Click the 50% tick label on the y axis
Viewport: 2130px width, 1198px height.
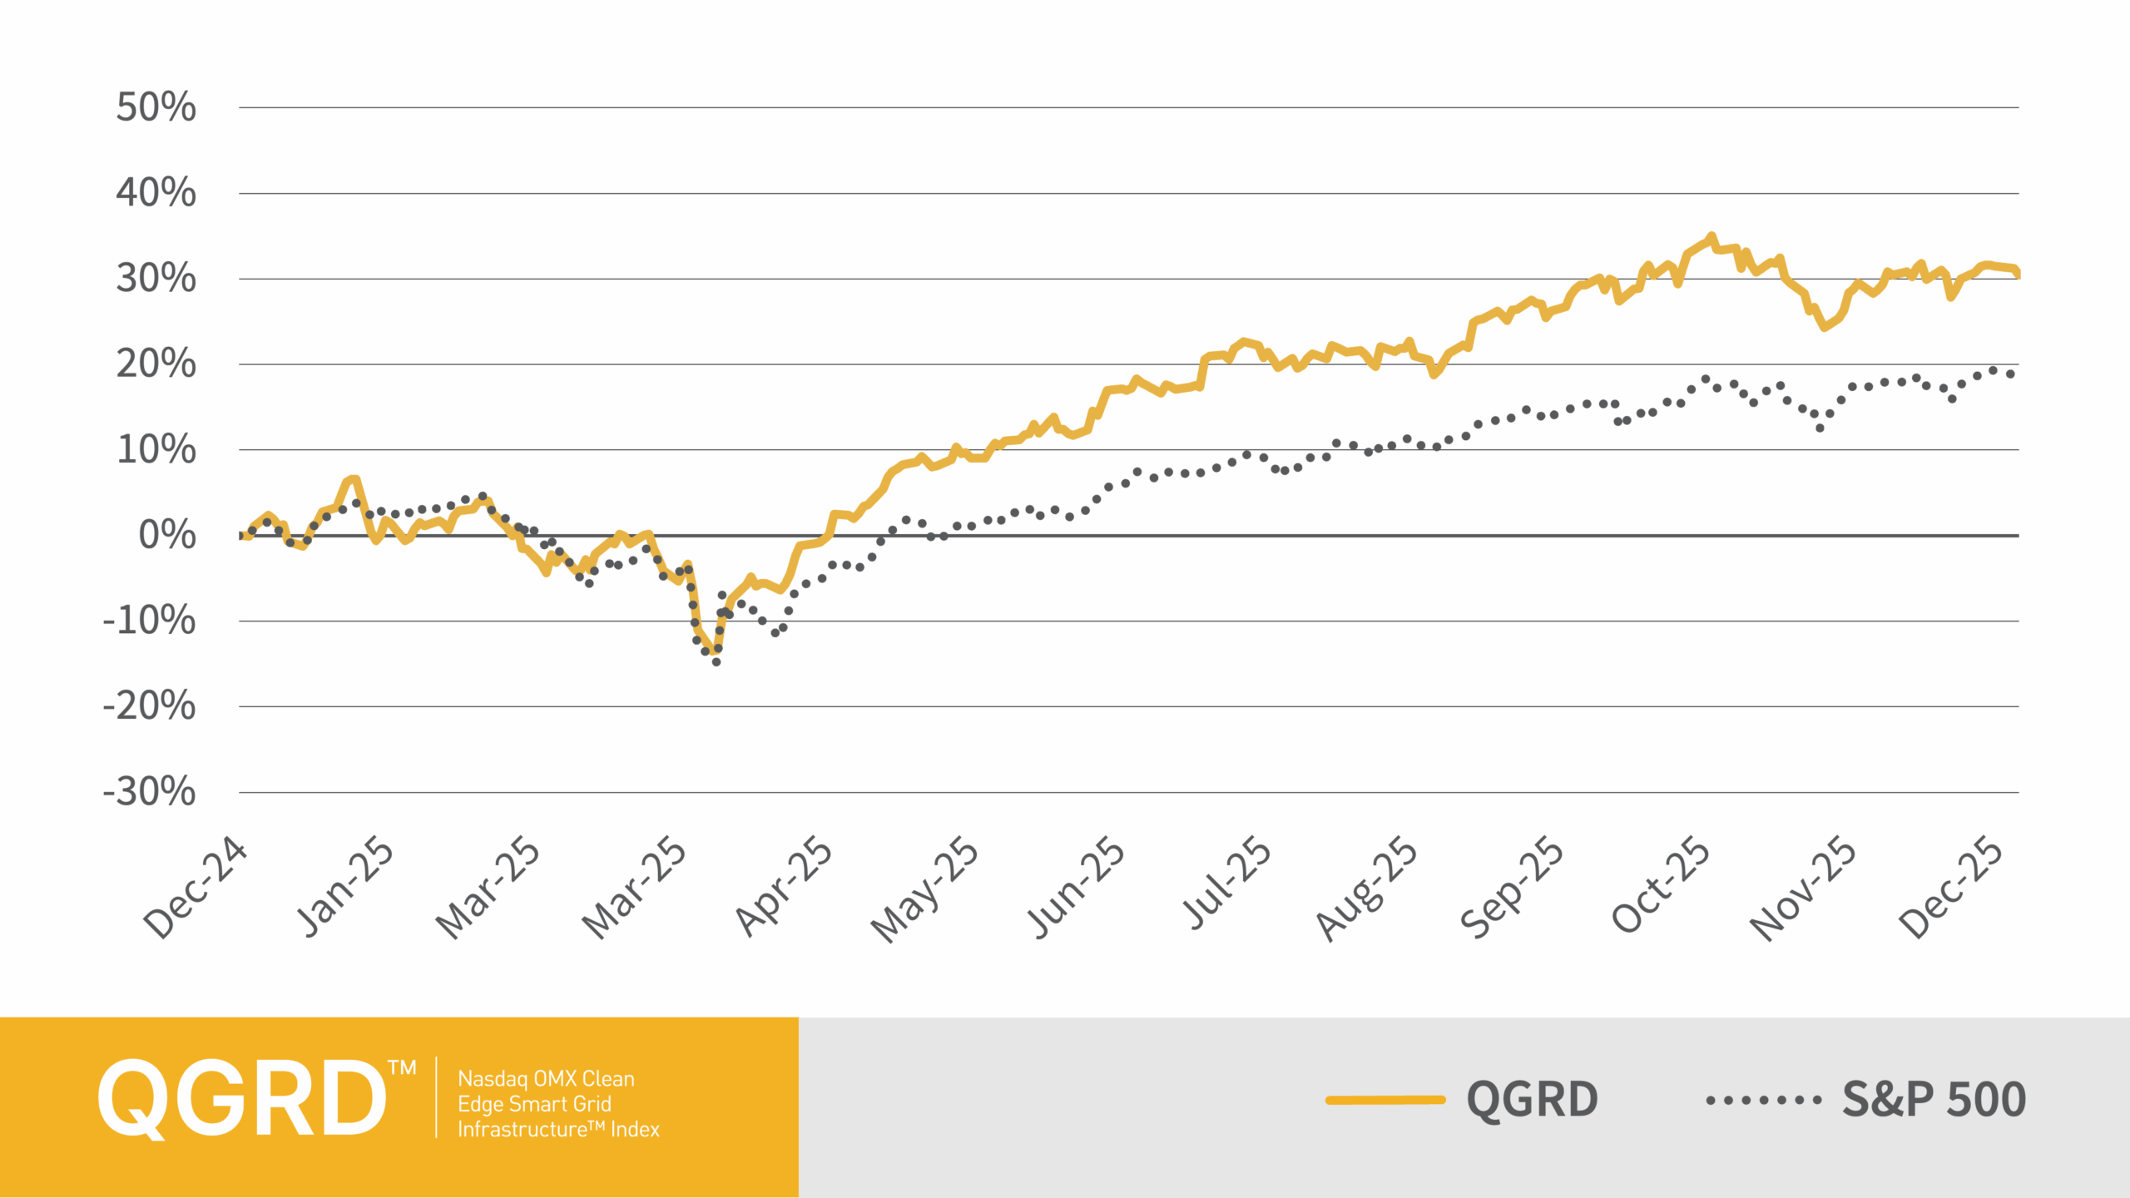156,107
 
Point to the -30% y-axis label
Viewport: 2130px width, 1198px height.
150,791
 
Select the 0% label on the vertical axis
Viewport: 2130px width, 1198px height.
167,535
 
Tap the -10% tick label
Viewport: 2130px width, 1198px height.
150,621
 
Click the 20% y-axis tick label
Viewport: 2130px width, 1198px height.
156,364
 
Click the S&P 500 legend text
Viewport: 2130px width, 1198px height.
1934,1099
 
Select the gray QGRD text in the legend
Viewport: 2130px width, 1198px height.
1532,1099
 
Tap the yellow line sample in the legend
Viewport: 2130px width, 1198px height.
1385,1100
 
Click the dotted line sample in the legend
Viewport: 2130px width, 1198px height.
1763,1100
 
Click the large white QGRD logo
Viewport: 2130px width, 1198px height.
243,1098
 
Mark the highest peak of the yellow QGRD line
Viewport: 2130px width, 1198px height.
1711,237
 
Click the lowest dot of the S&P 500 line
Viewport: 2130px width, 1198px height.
716,662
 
